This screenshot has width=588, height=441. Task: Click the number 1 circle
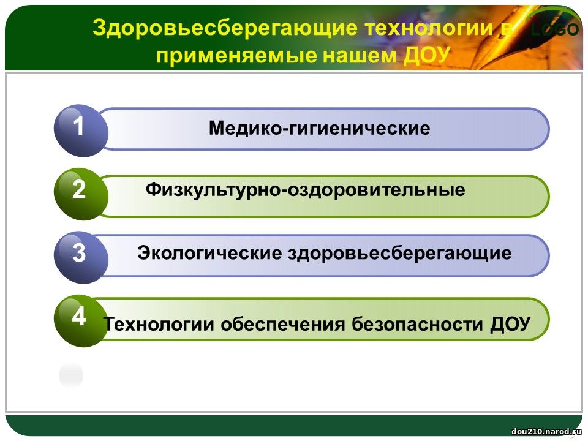pos(81,130)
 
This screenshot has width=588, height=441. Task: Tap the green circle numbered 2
pos(81,194)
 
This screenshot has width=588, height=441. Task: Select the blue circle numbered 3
pos(81,257)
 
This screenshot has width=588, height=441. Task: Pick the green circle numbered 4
pos(81,320)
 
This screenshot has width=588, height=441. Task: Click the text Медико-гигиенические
pos(320,128)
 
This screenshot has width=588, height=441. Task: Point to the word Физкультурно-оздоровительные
pos(305,190)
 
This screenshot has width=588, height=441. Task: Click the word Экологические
pos(209,253)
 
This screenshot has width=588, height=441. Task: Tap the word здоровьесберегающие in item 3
pos(400,254)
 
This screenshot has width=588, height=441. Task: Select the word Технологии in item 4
pos(159,323)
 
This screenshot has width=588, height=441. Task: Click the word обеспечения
pos(283,324)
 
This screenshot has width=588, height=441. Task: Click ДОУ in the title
pos(426,55)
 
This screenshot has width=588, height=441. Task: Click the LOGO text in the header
pos(556,29)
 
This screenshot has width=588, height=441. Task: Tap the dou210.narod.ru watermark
pos(546,432)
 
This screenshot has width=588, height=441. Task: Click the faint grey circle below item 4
pos(71,375)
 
